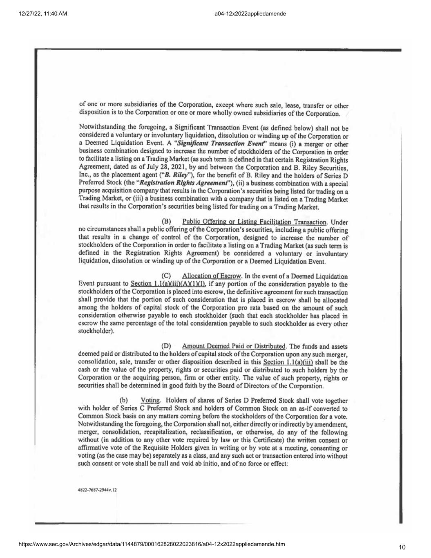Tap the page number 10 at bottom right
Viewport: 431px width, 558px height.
click(402, 547)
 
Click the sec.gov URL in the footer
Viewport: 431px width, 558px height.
click(152, 544)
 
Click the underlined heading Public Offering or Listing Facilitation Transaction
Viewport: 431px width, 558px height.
click(255, 222)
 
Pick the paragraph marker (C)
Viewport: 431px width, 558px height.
click(166, 276)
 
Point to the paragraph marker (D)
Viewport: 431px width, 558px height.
click(166, 347)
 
